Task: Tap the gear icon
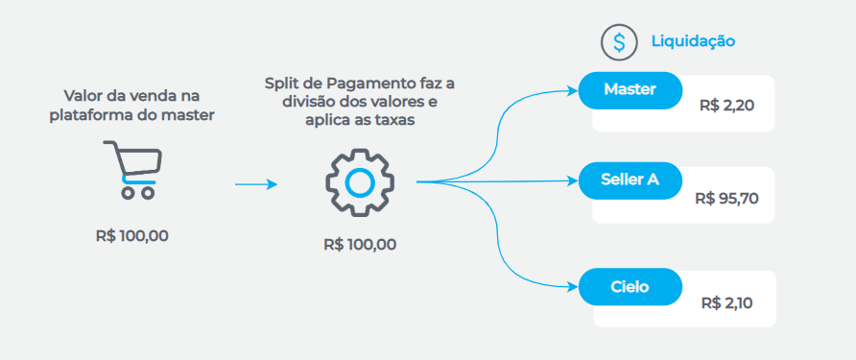359,181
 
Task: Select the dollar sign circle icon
619,41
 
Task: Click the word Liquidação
693,41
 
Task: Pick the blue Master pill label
630,90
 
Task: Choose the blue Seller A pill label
630,179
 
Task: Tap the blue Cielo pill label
630,286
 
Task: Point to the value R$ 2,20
727,106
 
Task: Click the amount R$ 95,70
726,199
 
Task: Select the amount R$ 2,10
726,302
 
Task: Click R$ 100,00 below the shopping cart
132,235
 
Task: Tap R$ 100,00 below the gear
360,244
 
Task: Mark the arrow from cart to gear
255,182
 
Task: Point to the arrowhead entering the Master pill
572,91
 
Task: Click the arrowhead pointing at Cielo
572,286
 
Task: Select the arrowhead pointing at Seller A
572,180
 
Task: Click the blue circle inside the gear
359,181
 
